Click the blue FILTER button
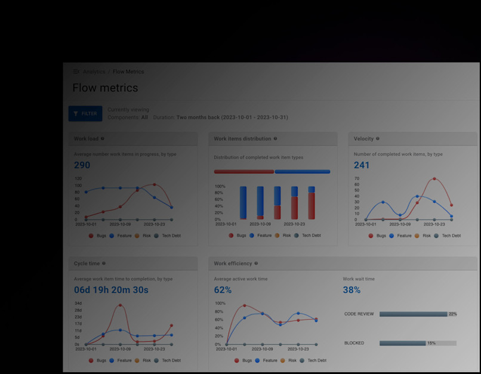(x=85, y=113)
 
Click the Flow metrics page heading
(x=105, y=88)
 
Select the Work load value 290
(x=82, y=165)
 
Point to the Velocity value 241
(x=362, y=165)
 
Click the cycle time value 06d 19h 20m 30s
(x=111, y=290)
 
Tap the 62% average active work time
(x=223, y=290)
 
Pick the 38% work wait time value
(x=351, y=290)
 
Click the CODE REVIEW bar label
(x=358, y=314)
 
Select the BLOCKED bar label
(x=354, y=343)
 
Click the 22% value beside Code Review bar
(x=452, y=314)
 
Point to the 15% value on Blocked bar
(x=431, y=343)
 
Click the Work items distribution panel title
(x=242, y=138)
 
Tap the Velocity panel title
(x=363, y=138)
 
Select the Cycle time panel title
(x=87, y=263)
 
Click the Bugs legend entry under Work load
(x=100, y=236)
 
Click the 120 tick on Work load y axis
(x=78, y=178)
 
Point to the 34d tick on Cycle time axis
(x=78, y=303)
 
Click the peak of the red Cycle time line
(x=120, y=305)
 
